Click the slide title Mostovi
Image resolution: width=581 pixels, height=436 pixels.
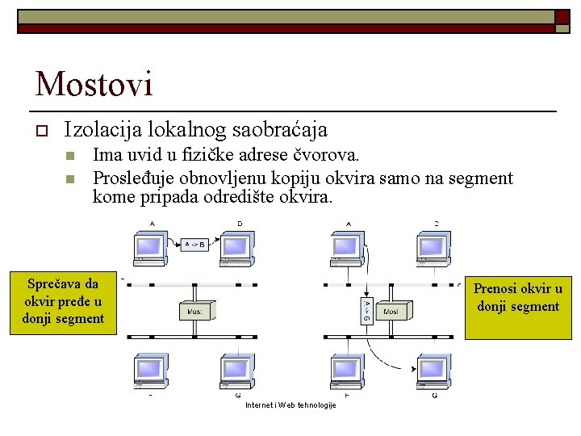coord(94,84)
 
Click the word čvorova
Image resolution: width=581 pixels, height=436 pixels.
coord(330,153)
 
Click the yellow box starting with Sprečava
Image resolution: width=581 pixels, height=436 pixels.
coord(63,301)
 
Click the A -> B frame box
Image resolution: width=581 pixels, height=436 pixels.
coord(194,243)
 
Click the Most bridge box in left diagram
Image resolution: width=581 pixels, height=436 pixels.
coord(196,310)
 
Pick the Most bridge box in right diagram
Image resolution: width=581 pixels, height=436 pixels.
coord(391,311)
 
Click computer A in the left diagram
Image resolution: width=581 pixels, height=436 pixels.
coord(151,248)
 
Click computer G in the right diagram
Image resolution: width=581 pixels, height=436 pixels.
coord(434,372)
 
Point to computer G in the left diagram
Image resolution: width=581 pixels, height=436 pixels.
coord(237,372)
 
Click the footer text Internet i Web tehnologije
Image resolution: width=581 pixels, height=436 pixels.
coord(290,405)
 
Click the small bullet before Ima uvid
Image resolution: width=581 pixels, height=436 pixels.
coord(70,154)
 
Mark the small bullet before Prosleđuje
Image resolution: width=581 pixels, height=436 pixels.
coord(70,178)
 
